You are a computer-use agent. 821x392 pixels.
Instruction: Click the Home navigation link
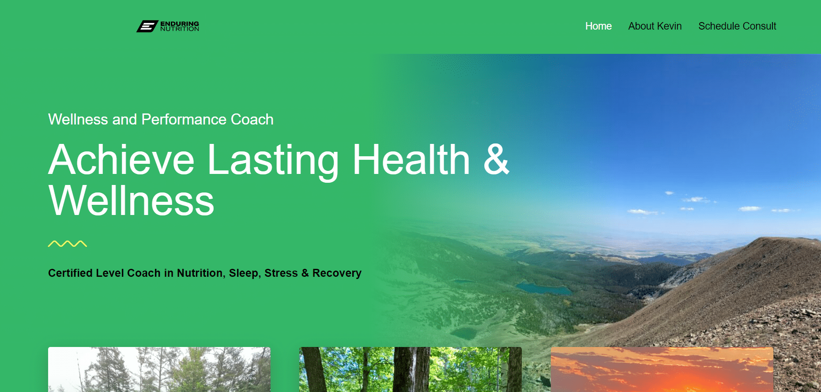click(598, 26)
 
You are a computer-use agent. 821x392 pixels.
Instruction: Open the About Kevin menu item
click(655, 26)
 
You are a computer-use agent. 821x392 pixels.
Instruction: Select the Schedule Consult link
click(737, 26)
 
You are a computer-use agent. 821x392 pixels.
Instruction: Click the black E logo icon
click(147, 26)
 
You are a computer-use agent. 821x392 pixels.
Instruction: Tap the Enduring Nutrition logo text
click(180, 26)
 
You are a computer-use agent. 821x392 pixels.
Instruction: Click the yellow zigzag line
click(68, 244)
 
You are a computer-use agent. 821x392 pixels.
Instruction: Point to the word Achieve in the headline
click(121, 159)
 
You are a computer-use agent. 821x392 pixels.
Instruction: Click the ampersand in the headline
click(496, 159)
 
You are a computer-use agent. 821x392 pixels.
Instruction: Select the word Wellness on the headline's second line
click(131, 201)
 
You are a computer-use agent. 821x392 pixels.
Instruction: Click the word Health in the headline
click(411, 159)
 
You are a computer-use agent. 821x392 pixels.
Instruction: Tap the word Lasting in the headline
click(273, 162)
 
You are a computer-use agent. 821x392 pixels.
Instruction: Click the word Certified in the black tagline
click(70, 273)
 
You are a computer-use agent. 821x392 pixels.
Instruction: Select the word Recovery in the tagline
click(337, 273)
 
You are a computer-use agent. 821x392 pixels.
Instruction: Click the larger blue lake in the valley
click(544, 289)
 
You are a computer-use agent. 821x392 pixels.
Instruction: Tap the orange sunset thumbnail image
click(662, 369)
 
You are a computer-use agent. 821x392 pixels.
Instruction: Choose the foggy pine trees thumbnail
click(159, 369)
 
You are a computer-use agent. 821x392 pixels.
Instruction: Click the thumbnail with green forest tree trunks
click(410, 369)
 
